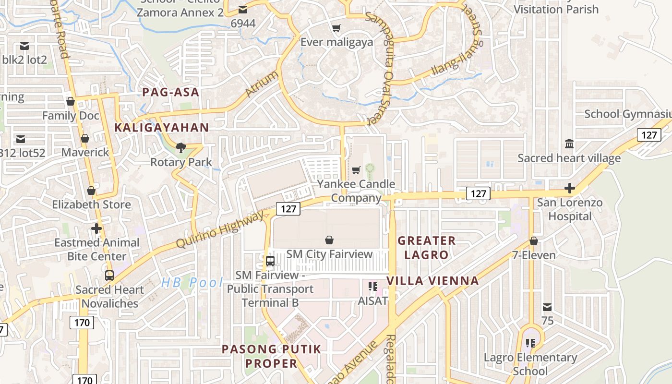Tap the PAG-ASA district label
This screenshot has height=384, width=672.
(x=170, y=92)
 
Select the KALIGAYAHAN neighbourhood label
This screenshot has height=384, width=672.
(x=162, y=128)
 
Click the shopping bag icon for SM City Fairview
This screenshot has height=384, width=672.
(x=329, y=240)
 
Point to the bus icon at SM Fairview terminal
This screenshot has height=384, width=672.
(x=270, y=261)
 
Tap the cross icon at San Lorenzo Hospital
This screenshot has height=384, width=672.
(x=570, y=188)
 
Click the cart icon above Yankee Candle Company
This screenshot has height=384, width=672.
(x=356, y=170)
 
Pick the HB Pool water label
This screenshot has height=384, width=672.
(x=192, y=283)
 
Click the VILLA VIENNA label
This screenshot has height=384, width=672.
(x=432, y=281)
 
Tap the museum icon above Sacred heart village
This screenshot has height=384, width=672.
(x=569, y=144)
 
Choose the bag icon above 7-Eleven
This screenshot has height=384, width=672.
(x=534, y=241)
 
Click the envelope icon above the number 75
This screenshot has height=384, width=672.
(x=547, y=307)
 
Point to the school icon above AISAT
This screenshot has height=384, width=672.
(x=372, y=287)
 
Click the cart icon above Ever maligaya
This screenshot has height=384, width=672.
(x=336, y=28)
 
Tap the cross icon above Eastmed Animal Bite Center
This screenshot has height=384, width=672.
(x=96, y=228)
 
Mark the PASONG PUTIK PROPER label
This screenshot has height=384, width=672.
(x=271, y=356)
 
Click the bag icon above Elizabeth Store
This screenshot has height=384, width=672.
(x=91, y=191)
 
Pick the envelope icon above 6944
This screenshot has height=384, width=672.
(x=243, y=10)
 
